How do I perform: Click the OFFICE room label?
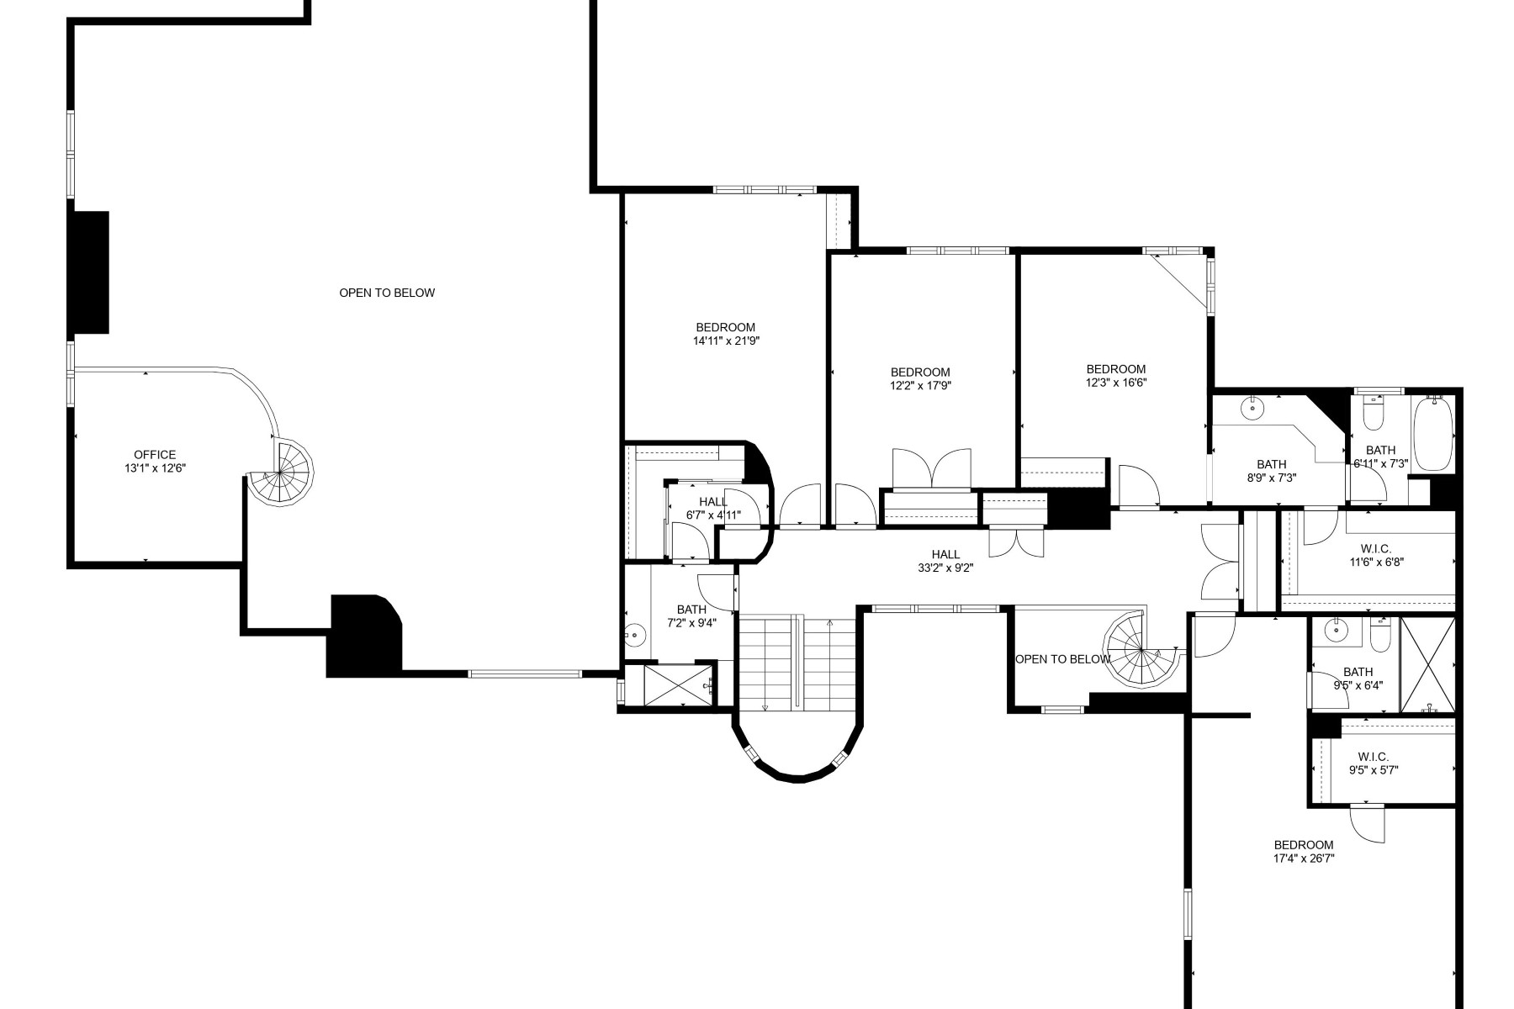tap(155, 455)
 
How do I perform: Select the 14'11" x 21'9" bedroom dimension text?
tap(725, 341)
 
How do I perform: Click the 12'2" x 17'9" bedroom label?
tap(920, 379)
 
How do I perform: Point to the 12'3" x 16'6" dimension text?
tap(1116, 382)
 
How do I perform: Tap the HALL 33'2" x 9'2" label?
tap(945, 561)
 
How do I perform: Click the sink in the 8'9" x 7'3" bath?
tap(1253, 408)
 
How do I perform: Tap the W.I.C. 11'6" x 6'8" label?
tap(1375, 556)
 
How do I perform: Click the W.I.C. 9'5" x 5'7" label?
tap(1374, 763)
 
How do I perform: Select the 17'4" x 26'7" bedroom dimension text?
tap(1304, 858)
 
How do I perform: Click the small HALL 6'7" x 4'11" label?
tap(713, 509)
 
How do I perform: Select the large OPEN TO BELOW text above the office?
tap(387, 293)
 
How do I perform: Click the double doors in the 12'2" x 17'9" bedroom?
tap(931, 469)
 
